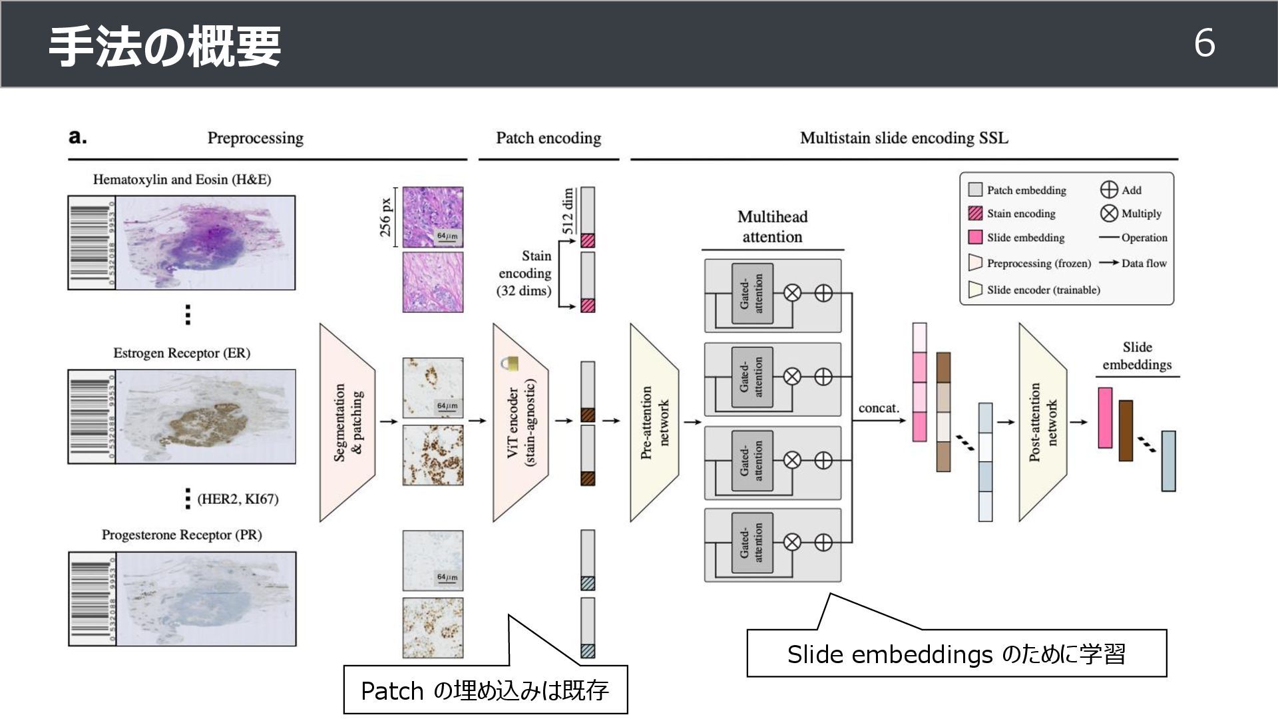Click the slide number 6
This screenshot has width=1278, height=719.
pos(1204,44)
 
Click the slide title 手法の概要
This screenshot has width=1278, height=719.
pos(164,47)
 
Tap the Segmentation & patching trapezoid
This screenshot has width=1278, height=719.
pos(347,422)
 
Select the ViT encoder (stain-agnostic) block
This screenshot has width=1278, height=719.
pos(521,422)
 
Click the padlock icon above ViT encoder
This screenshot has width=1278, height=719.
pos(510,363)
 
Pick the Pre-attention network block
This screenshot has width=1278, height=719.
pos(654,422)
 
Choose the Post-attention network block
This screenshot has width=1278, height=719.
pos(1042,422)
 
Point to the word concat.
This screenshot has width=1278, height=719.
pos(879,408)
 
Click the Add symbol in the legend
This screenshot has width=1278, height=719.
pos(1108,190)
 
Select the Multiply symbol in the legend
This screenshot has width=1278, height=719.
pos(1108,214)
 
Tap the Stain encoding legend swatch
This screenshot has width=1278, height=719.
pos(975,214)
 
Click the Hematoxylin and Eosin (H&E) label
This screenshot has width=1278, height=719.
pos(182,180)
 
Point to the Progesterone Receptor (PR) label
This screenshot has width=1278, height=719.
pos(182,535)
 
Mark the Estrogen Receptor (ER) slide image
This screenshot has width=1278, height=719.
pos(182,417)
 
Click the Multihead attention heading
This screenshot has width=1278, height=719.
pos(772,227)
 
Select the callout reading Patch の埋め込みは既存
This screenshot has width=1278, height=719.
pos(485,690)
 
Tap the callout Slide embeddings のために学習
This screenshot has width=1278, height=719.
pos(957,654)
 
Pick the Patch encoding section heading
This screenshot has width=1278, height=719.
pos(548,138)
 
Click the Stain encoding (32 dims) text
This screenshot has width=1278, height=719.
pos(525,274)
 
